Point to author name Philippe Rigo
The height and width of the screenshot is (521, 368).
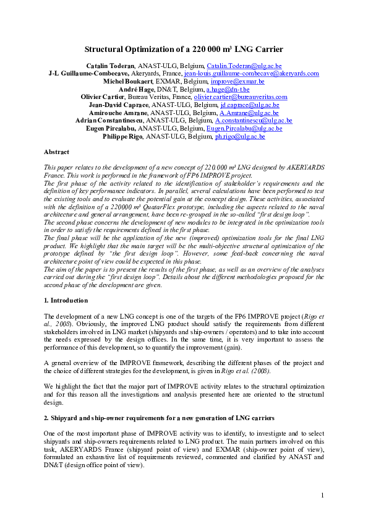pos(122,136)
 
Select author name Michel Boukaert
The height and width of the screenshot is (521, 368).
pos(128,81)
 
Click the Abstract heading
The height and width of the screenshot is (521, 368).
pos(56,152)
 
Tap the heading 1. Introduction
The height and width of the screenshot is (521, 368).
pos(66,299)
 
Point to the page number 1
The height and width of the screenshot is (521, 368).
pos(322,495)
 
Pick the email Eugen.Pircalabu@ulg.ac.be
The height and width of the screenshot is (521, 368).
pos(245,128)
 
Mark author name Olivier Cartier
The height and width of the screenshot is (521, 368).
pos(103,97)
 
